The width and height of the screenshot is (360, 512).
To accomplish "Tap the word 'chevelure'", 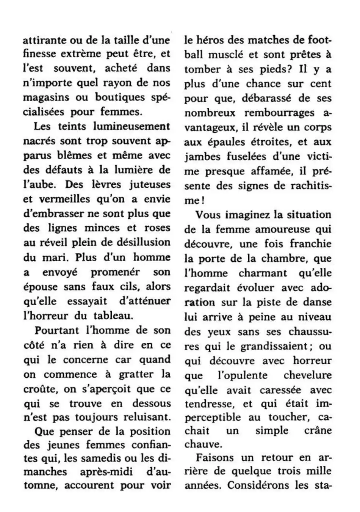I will [307, 375].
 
